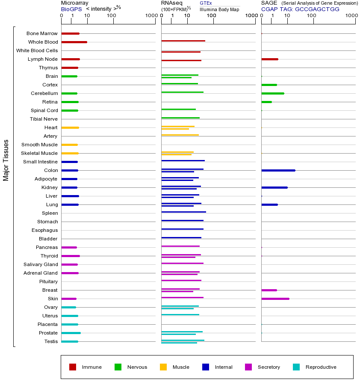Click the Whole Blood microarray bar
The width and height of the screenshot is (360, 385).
tap(74, 42)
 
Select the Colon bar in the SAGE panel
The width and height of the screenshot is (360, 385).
tap(278, 170)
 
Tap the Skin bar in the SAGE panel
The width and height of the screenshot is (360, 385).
tap(275, 299)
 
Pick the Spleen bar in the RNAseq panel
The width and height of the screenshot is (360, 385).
tap(183, 212)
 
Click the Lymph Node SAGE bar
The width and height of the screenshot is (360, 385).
tap(269, 59)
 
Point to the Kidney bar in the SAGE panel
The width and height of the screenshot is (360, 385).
tap(274, 187)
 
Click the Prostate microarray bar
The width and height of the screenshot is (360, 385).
tap(71, 333)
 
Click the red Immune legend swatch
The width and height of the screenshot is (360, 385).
tap(73, 367)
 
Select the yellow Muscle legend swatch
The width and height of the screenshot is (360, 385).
tap(163, 367)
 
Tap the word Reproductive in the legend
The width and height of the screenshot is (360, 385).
tap(321, 367)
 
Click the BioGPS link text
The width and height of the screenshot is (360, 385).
tap(70, 9)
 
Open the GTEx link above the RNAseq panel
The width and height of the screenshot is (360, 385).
tap(206, 3)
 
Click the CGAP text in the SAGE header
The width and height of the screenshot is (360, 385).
tap(269, 9)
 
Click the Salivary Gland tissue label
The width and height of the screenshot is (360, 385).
tap(41, 264)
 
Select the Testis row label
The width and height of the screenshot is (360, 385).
tap(51, 341)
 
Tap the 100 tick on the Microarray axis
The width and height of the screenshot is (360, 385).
tap(112, 16)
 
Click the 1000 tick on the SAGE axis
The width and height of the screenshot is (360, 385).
tap(351, 16)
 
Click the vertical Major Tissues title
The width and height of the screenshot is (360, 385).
tap(6, 160)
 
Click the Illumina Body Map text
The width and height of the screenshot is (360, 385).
tap(219, 9)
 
